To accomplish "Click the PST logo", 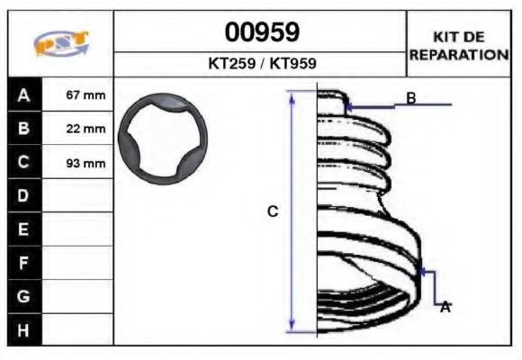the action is pyautogui.click(x=61, y=43).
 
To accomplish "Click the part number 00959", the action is pyautogui.click(x=262, y=32).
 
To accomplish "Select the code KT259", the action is pyautogui.click(x=231, y=63).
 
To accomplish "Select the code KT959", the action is pyautogui.click(x=292, y=63).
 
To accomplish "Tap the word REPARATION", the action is pyautogui.click(x=459, y=54).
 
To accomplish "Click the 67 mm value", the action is pyautogui.click(x=85, y=95).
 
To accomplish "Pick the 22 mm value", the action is pyautogui.click(x=85, y=129).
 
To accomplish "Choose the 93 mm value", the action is pyautogui.click(x=85, y=163).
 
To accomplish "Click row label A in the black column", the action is pyautogui.click(x=23, y=95).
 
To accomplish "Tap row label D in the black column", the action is pyautogui.click(x=23, y=195).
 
